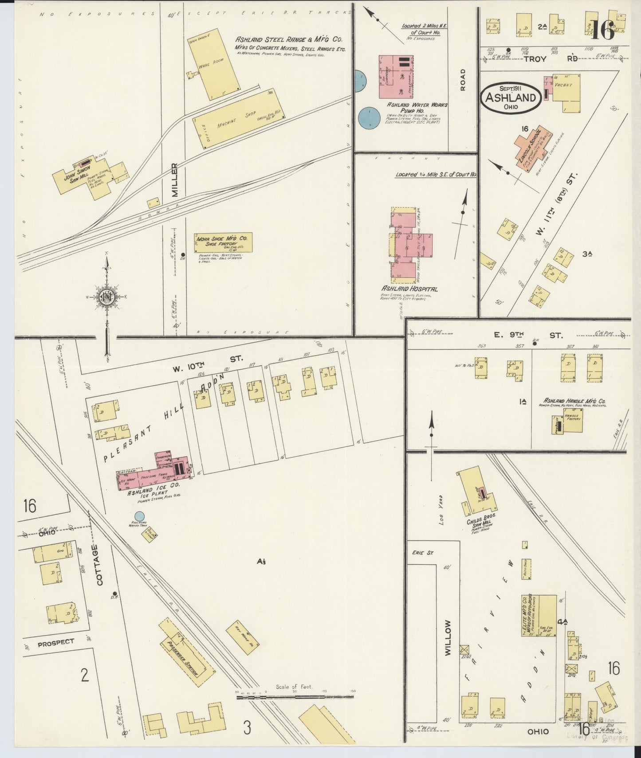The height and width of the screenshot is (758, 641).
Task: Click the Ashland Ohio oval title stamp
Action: [x=511, y=96]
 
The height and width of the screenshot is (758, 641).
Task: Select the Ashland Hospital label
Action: [x=409, y=289]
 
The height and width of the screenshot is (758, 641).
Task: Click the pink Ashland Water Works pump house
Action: [x=396, y=77]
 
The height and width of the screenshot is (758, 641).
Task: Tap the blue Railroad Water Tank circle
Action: [x=139, y=516]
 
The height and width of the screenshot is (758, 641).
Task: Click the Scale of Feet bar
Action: [x=295, y=697]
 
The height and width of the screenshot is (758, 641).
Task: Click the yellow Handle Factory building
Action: [x=573, y=420]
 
